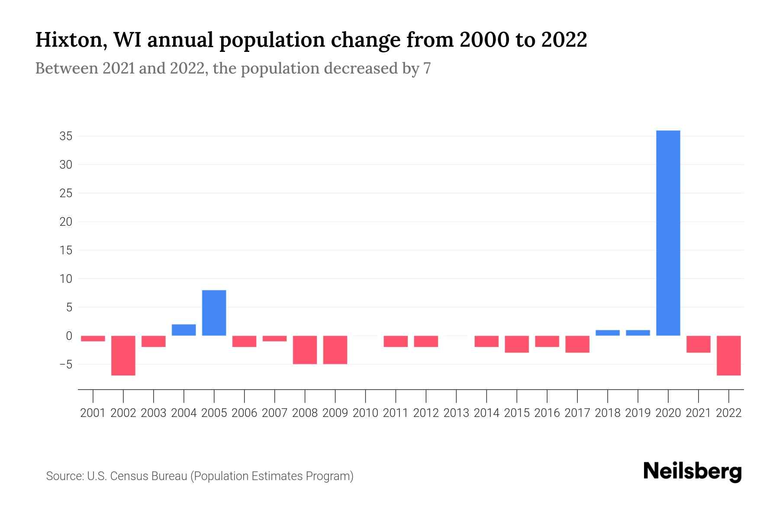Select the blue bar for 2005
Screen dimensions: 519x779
[214, 313]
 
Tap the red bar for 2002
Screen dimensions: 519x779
[123, 356]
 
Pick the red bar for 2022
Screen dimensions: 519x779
[728, 356]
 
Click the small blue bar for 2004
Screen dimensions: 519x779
[183, 330]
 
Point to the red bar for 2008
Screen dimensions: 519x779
[305, 350]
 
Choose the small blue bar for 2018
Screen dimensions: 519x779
[607, 333]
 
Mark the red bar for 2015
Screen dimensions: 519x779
[516, 344]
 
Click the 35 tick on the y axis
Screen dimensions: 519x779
[66, 137]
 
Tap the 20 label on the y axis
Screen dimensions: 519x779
[66, 222]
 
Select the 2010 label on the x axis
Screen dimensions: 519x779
[365, 413]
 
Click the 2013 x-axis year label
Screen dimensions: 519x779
[456, 413]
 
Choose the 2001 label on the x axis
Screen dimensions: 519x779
[93, 413]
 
